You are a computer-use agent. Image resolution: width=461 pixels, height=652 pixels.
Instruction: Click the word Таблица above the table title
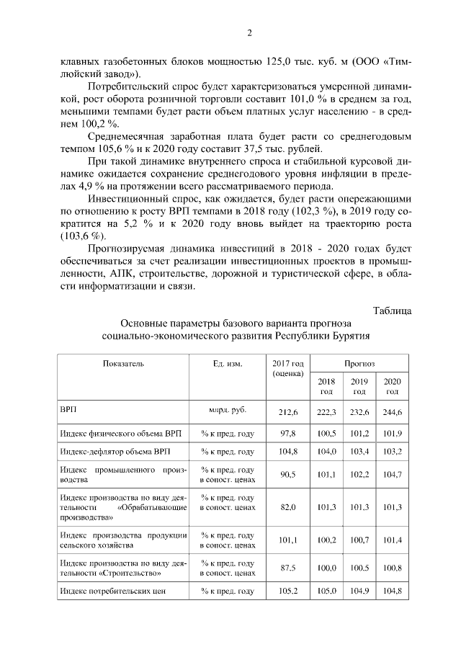[393, 311]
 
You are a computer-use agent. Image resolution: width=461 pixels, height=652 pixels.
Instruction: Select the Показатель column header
[123, 364]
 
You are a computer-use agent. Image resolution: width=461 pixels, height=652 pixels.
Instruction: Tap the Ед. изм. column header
[228, 364]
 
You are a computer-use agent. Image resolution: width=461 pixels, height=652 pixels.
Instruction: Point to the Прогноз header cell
[359, 364]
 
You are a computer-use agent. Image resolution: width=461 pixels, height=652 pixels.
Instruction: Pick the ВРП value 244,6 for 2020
[393, 411]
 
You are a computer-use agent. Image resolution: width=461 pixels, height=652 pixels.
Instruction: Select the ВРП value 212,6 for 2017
[288, 411]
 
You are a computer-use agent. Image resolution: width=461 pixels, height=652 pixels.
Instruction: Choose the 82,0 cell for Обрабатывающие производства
[288, 507]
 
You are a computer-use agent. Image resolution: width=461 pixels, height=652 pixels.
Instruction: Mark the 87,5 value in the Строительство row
[288, 568]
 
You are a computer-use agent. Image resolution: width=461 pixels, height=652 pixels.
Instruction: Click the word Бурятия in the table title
[351, 336]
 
